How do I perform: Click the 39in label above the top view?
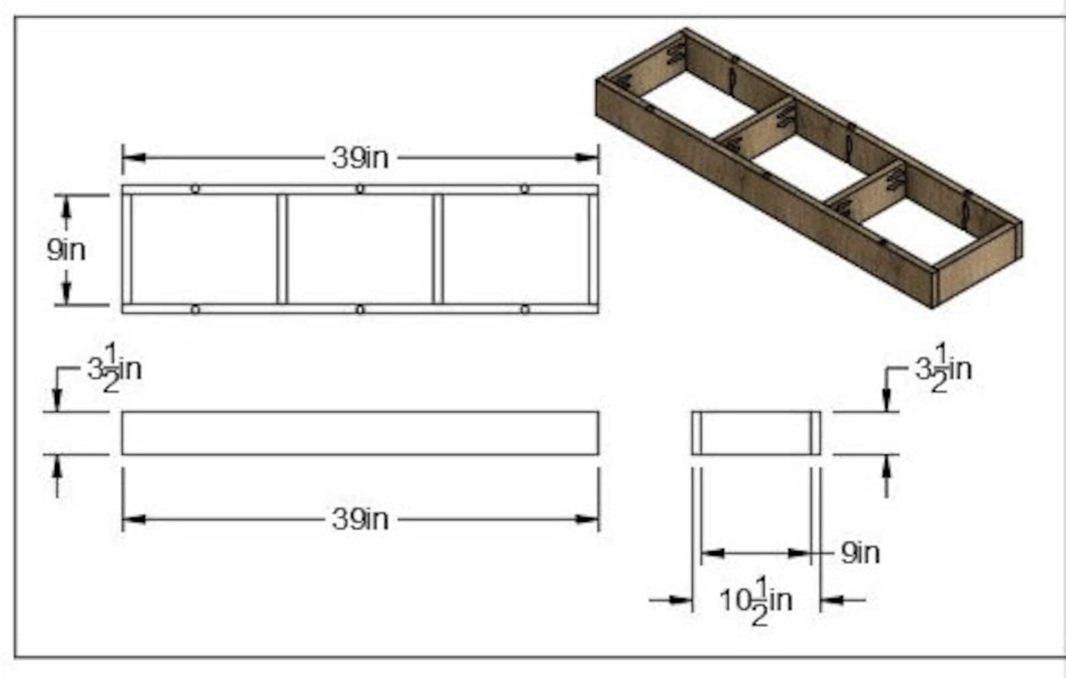(x=360, y=158)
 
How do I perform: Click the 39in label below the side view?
(x=360, y=520)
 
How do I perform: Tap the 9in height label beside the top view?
(x=66, y=250)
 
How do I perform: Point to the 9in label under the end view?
(x=860, y=553)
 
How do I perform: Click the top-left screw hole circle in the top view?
(x=195, y=189)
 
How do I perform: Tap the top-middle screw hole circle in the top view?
(x=360, y=189)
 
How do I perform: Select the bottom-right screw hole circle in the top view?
(x=524, y=309)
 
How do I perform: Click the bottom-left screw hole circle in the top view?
(x=195, y=309)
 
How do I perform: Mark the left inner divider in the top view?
(x=282, y=249)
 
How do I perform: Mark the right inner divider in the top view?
(x=438, y=249)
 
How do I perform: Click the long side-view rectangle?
(x=360, y=433)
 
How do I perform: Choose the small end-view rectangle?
(x=756, y=433)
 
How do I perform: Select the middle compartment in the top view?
(x=360, y=249)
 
